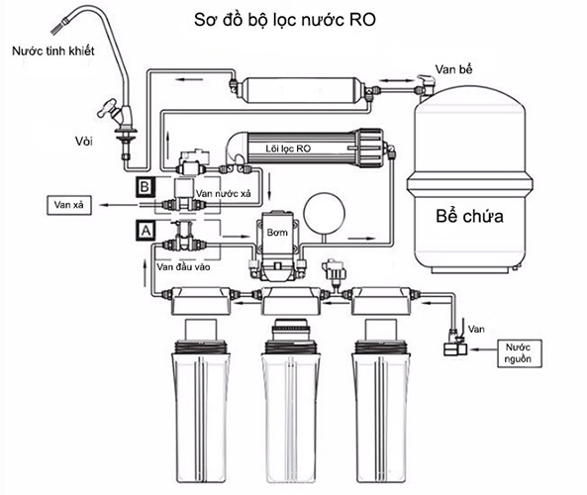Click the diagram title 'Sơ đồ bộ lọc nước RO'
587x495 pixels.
(x=285, y=20)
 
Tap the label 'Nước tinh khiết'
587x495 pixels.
(x=53, y=50)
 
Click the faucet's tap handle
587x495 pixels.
(x=108, y=108)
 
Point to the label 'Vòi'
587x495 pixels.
(x=83, y=142)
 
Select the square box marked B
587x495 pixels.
(x=145, y=187)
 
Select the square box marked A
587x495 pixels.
(x=146, y=231)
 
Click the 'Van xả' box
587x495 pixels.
(x=69, y=205)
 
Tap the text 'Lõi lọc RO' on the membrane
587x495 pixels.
(x=288, y=148)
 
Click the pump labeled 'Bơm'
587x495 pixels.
(x=277, y=247)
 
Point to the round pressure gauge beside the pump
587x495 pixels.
(x=324, y=213)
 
